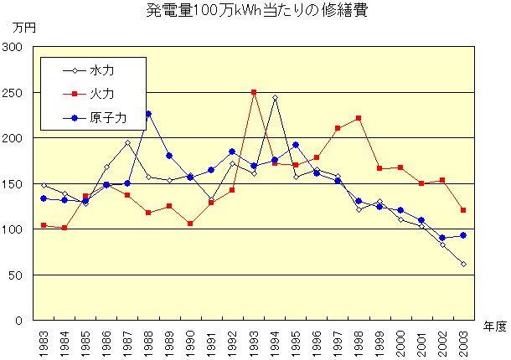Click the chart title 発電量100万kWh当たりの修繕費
(256, 11)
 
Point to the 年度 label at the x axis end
(495, 327)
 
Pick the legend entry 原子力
(108, 118)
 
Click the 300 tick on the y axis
(12, 47)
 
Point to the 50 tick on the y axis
(15, 275)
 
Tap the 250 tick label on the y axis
(12, 92)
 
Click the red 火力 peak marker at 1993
(253, 92)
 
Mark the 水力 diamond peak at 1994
(275, 98)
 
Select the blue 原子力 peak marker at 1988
(148, 114)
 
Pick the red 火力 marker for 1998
(359, 118)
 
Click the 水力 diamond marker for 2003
(463, 264)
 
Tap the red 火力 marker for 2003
(463, 210)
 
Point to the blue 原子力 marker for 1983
(44, 198)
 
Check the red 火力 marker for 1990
(190, 224)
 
